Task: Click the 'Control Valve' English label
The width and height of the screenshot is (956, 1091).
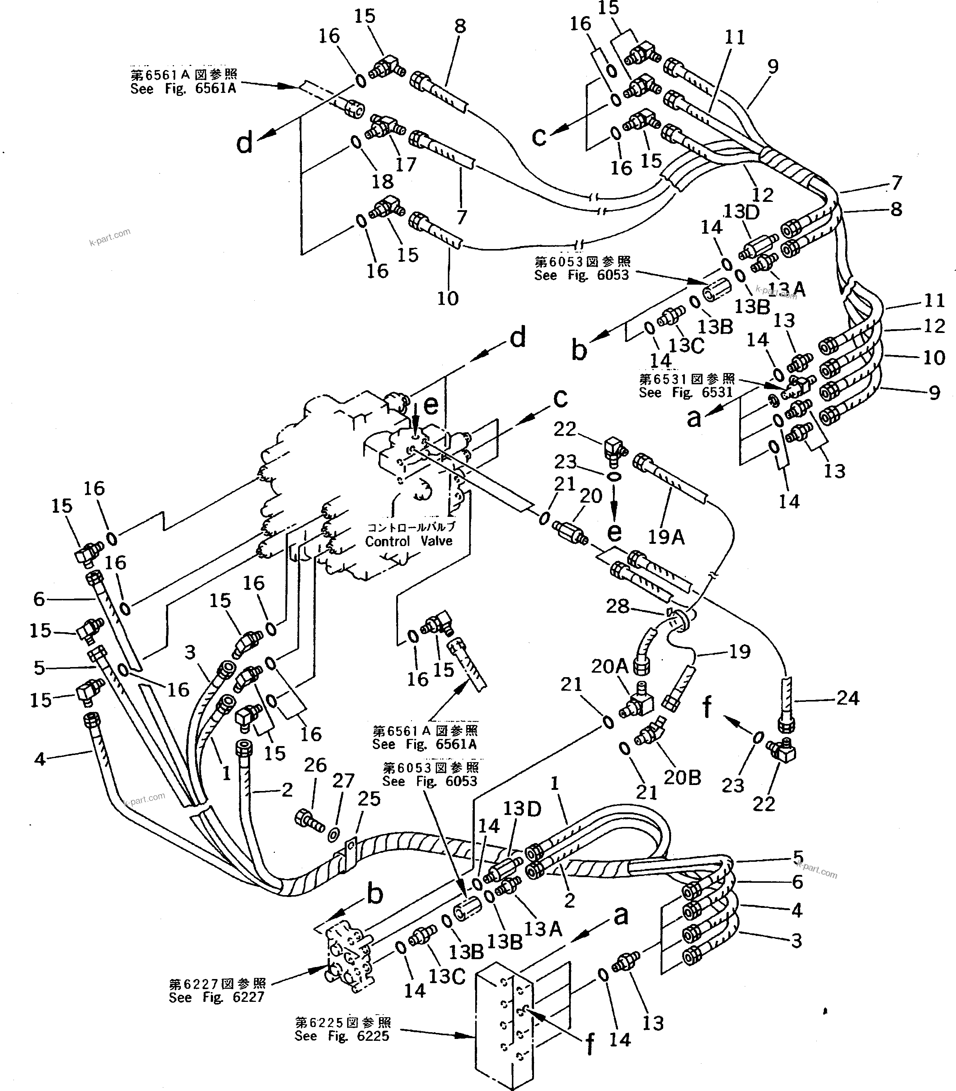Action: click(408, 541)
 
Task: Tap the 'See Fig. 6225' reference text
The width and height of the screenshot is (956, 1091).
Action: click(342, 1036)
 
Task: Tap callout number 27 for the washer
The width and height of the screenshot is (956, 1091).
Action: click(343, 781)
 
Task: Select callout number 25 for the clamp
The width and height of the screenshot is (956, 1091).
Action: click(368, 798)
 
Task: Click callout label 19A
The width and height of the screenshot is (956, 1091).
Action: click(666, 537)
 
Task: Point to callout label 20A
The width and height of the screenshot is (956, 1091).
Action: click(609, 666)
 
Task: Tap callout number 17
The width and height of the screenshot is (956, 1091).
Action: click(406, 164)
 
